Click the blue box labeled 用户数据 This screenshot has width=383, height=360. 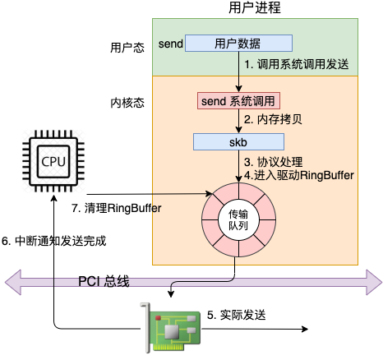pyautogui.click(x=238, y=43)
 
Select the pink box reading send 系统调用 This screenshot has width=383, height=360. pyautogui.click(x=239, y=100)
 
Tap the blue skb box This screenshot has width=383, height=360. pyautogui.click(x=238, y=142)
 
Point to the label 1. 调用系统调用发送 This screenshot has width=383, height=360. pyautogui.click(x=295, y=63)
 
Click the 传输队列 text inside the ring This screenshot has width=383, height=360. pyautogui.click(x=237, y=219)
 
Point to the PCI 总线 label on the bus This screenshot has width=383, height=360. pyautogui.click(x=104, y=282)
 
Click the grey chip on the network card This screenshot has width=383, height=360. pyautogui.click(x=173, y=330)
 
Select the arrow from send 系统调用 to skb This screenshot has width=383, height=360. pyautogui.click(x=238, y=122)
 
